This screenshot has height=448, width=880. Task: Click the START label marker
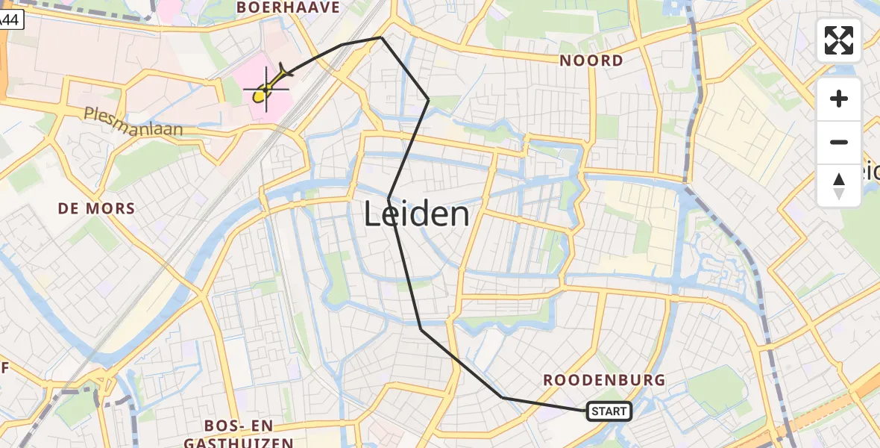(x=609, y=411)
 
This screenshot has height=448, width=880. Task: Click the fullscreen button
(x=839, y=40)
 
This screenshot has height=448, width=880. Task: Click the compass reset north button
(x=839, y=186)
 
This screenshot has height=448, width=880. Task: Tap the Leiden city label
(x=417, y=215)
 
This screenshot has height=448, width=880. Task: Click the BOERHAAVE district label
(x=288, y=7)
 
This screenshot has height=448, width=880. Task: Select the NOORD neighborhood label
(x=591, y=60)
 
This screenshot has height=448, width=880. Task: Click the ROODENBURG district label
(x=604, y=380)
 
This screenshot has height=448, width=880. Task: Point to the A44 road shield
(x=10, y=20)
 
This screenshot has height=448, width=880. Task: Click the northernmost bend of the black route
(x=381, y=37)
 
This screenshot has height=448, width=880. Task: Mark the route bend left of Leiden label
(x=389, y=198)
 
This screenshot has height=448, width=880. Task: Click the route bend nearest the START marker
(x=503, y=398)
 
